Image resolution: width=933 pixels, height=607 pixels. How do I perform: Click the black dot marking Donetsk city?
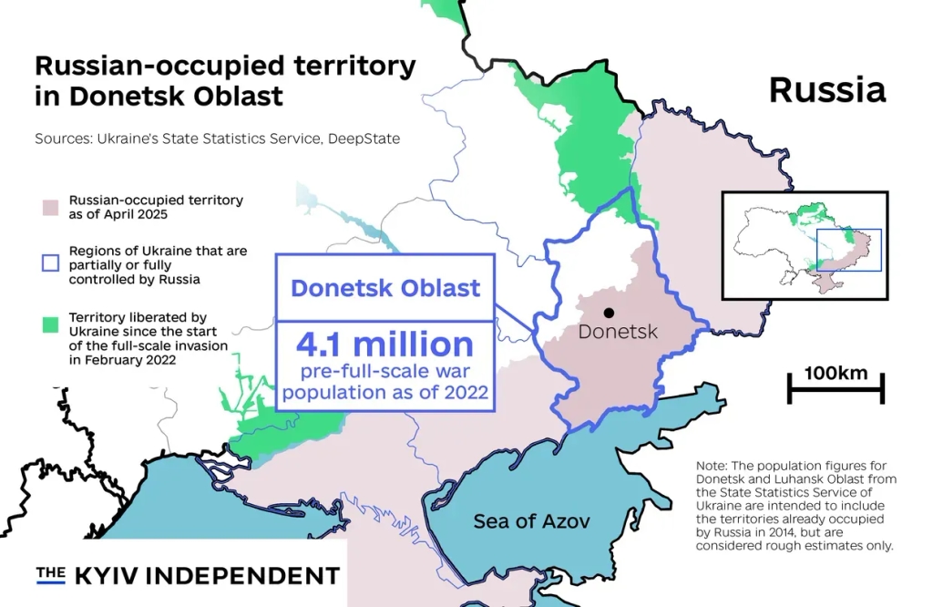pyautogui.click(x=609, y=314)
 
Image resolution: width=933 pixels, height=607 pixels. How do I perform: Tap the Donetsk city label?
pyautogui.click(x=618, y=333)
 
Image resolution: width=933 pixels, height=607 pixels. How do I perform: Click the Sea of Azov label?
pyautogui.click(x=531, y=521)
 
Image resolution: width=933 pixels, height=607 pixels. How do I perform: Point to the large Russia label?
pyautogui.click(x=826, y=89)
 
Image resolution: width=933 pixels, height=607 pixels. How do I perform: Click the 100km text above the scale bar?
pyautogui.click(x=836, y=373)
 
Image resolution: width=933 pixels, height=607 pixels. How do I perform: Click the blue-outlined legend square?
pyautogui.click(x=50, y=264)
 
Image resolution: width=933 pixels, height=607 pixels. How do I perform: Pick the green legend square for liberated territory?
pyautogui.click(x=50, y=324)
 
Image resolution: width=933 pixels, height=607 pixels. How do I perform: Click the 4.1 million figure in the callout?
pyautogui.click(x=384, y=345)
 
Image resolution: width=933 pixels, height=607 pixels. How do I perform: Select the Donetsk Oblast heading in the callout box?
pyautogui.click(x=384, y=289)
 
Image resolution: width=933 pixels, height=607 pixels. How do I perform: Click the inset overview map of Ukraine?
pyautogui.click(x=804, y=245)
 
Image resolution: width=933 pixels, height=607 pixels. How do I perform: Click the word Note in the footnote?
pyautogui.click(x=713, y=465)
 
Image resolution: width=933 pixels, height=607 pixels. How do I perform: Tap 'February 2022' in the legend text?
pyautogui.click(x=130, y=360)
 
